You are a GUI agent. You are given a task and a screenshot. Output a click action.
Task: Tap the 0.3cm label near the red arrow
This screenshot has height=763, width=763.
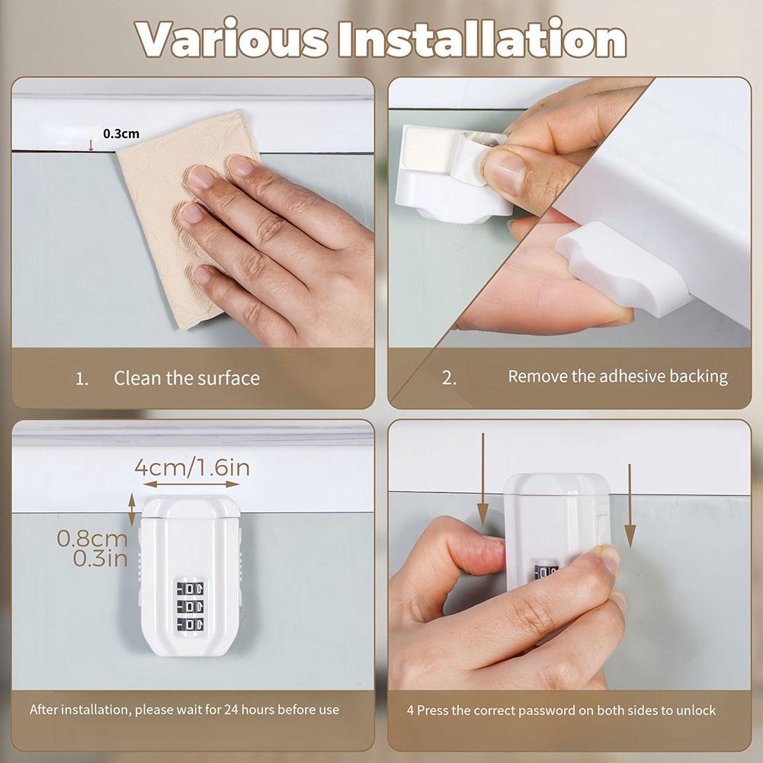121,133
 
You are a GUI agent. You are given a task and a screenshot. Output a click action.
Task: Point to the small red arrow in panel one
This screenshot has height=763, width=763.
91,144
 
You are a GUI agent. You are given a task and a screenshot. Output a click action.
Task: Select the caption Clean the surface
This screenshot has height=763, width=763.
187,378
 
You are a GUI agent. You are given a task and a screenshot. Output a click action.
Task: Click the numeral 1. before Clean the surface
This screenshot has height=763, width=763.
82,379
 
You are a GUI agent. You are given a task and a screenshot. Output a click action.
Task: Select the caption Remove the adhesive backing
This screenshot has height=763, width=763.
617,376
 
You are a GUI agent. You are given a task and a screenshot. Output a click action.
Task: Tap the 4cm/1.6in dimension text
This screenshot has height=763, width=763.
191,466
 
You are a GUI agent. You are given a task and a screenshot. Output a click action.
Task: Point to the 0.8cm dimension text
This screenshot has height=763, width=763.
91,538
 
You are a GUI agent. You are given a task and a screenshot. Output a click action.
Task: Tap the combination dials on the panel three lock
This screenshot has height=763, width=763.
190,606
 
